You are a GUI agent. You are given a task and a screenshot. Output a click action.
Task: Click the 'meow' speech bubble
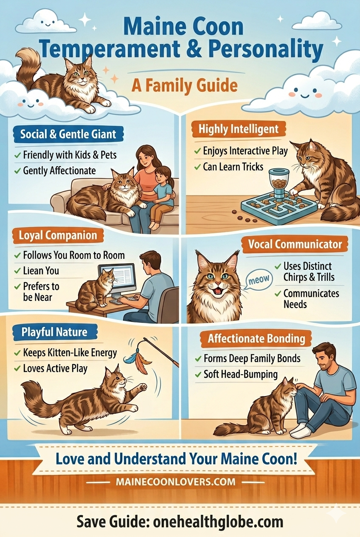coord(259,279)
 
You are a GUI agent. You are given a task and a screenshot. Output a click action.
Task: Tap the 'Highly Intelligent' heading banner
coord(239,130)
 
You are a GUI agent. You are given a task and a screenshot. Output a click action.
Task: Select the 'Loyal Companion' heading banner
coord(58,236)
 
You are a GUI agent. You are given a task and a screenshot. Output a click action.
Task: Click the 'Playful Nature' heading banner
coord(55,332)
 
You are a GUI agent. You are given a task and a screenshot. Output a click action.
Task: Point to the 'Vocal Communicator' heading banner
coord(295,245)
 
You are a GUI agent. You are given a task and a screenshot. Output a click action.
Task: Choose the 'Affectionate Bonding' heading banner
coord(256,339)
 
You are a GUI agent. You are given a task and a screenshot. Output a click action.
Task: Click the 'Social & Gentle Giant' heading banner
coord(68,134)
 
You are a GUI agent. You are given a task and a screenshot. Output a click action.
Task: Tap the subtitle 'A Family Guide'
coord(184,85)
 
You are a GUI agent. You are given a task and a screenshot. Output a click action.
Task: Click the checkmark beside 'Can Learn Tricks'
coord(197,167)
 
